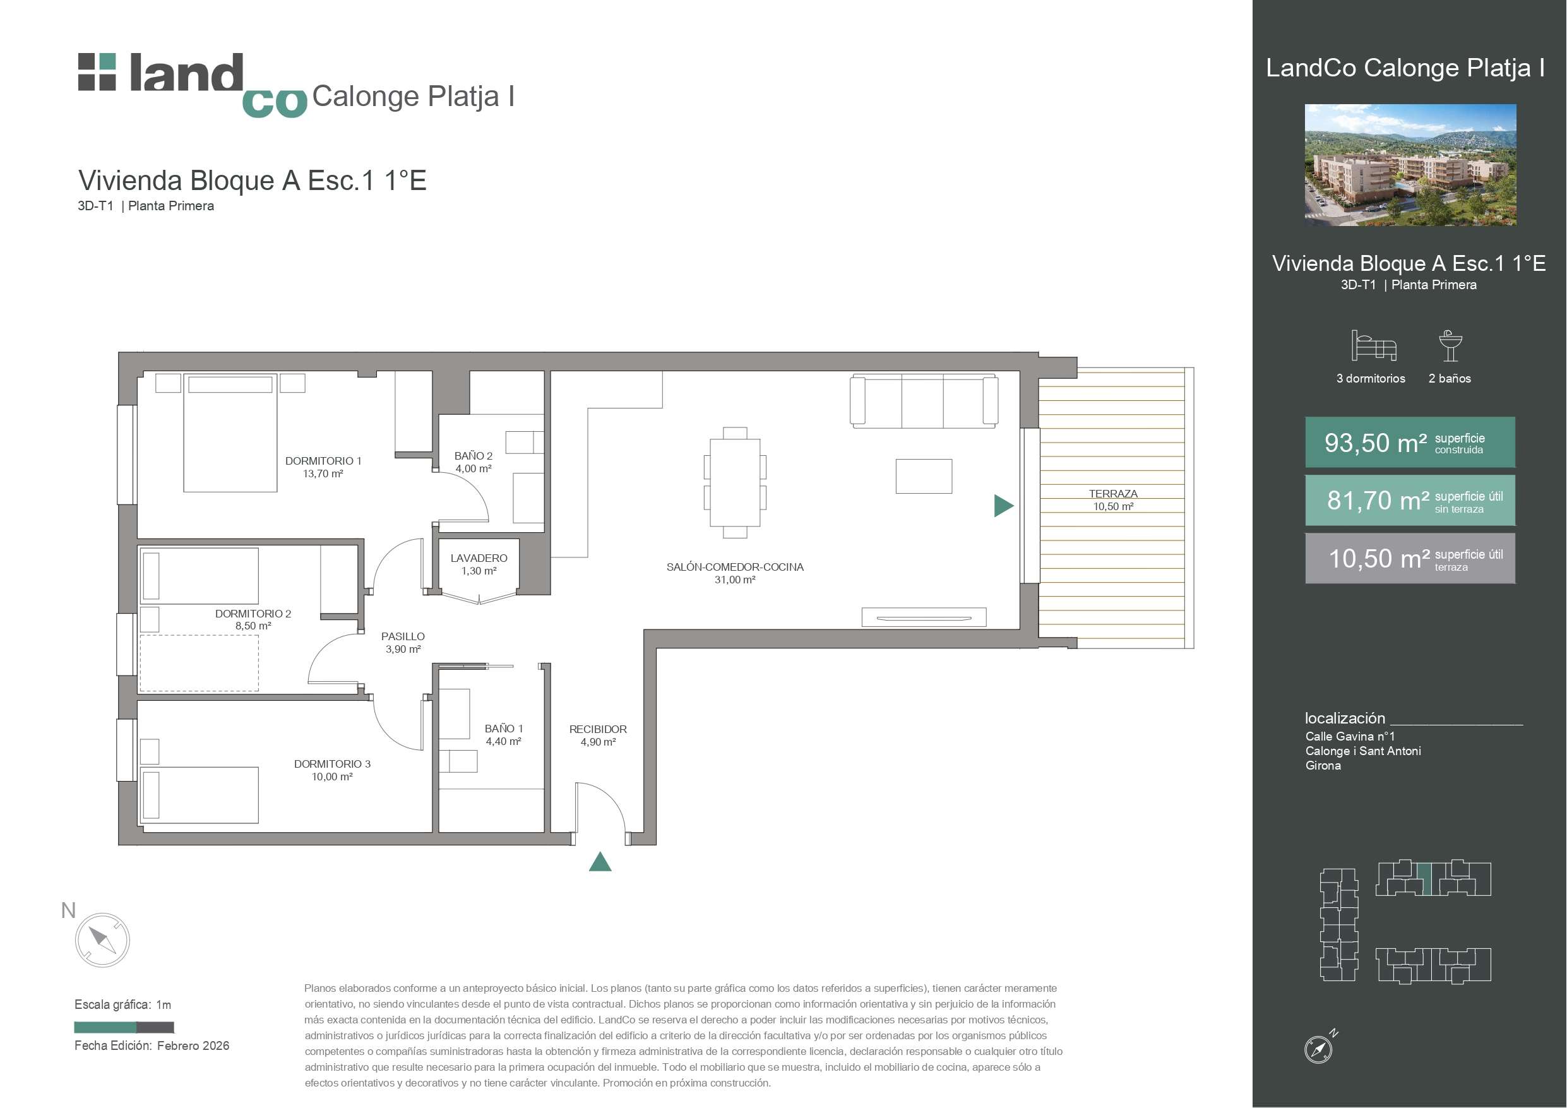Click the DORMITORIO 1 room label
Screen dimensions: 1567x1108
pos(323,461)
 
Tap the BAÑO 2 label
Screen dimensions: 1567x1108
pos(473,455)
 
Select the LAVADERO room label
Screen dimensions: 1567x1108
pos(479,557)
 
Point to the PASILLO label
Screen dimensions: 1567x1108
pos(403,636)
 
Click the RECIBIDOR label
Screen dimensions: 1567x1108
pos(598,729)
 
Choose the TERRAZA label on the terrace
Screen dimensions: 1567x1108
pos(1113,494)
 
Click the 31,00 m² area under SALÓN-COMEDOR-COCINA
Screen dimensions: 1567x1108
pos(734,580)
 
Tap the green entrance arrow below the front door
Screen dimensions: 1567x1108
pos(600,862)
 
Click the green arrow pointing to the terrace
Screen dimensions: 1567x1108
pos(1003,505)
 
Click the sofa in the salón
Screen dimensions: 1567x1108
pos(924,400)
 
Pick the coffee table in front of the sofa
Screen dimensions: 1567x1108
pos(924,476)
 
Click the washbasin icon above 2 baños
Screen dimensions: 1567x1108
pos(1450,345)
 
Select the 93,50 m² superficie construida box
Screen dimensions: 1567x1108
pos(1410,443)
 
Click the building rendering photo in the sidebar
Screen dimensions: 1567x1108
pos(1410,165)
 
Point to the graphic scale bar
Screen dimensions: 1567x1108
pos(124,1027)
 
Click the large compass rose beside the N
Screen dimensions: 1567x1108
pos(102,940)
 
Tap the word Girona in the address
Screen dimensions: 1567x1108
pos(1323,765)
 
